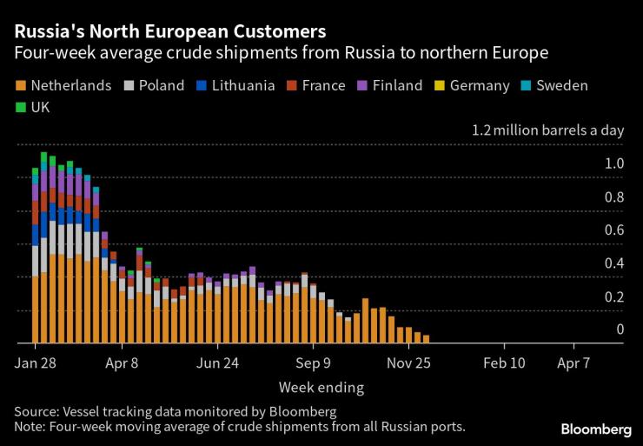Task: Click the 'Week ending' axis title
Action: click(x=321, y=387)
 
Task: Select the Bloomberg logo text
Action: click(x=596, y=429)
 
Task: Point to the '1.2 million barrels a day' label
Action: click(x=547, y=131)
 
